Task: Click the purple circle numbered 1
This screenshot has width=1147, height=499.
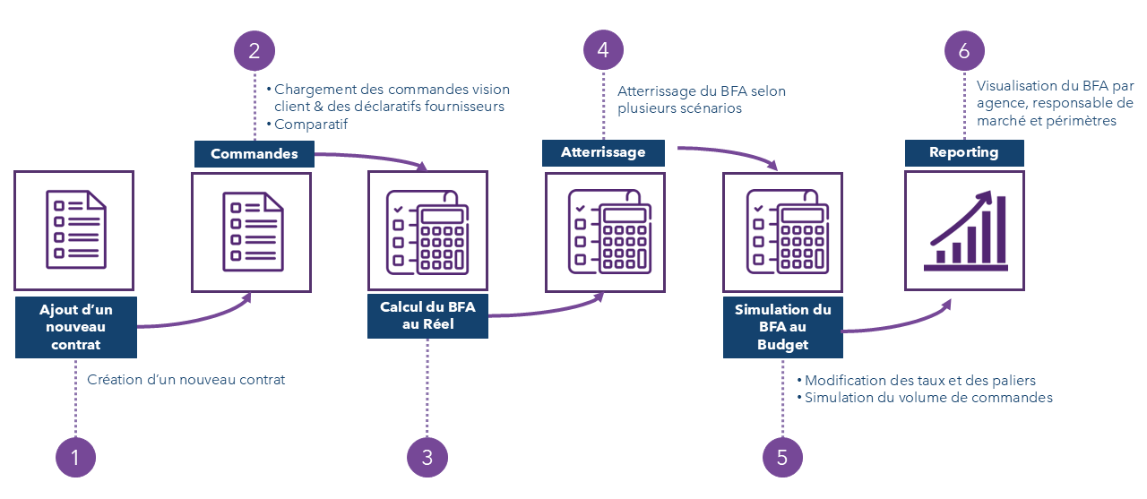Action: point(75,458)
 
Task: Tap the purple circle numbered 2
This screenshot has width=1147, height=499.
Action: point(254,50)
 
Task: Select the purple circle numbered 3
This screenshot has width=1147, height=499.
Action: point(427,458)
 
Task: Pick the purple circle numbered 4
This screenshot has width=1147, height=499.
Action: point(603,50)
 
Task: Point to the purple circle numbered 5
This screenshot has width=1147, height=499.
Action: point(782,458)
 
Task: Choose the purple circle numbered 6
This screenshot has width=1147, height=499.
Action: point(964,50)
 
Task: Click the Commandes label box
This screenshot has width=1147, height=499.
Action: point(254,154)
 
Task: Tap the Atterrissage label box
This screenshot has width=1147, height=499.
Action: point(603,152)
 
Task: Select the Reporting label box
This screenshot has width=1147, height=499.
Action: point(964,152)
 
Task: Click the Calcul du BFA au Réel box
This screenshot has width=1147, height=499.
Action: point(427,316)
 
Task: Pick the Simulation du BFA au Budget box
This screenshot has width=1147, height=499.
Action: point(783,327)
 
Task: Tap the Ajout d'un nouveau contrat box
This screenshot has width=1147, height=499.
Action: point(76,327)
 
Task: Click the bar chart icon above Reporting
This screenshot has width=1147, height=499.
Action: point(964,230)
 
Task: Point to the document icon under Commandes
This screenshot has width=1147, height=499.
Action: point(252,232)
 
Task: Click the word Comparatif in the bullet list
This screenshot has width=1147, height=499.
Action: point(311,125)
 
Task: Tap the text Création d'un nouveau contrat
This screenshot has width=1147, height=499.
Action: point(186,380)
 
